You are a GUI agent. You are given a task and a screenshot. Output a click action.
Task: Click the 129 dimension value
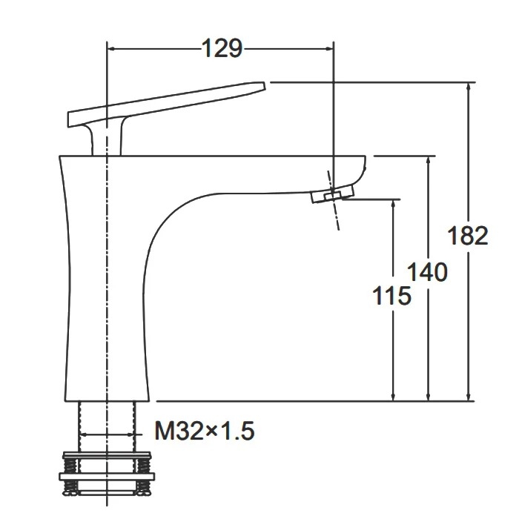click(x=222, y=49)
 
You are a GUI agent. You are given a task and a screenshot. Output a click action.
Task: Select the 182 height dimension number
click(x=468, y=235)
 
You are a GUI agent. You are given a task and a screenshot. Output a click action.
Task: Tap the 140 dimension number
click(x=427, y=272)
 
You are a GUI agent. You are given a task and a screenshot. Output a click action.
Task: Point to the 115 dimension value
click(x=392, y=295)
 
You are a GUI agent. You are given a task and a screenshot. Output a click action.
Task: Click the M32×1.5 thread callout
click(x=205, y=431)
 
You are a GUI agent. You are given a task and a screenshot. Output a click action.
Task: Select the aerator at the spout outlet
click(x=333, y=194)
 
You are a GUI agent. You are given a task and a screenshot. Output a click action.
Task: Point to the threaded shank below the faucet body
click(x=107, y=426)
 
